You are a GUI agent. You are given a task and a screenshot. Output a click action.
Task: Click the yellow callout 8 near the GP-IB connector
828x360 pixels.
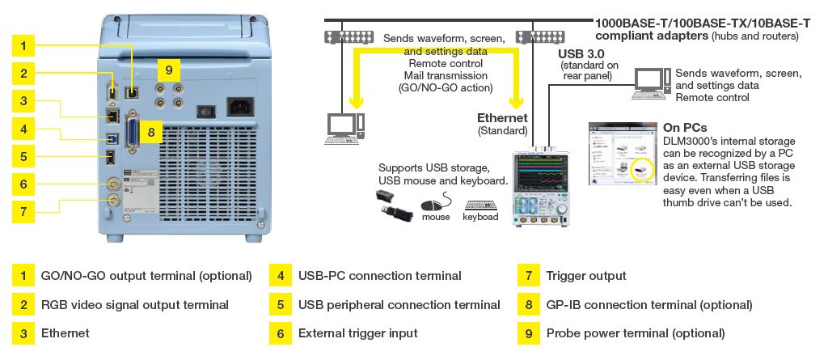(151, 130)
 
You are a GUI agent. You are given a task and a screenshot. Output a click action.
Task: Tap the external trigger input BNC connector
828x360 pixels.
(113, 184)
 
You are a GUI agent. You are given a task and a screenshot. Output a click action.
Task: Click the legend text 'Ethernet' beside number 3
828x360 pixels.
(65, 332)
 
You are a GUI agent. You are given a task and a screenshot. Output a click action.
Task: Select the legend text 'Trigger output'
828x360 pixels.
(586, 276)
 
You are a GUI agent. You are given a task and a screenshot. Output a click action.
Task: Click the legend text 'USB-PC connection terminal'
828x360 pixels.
(379, 276)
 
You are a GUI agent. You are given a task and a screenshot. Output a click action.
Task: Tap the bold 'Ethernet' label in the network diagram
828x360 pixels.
(503, 117)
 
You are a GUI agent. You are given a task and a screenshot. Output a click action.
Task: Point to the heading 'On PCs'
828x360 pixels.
(685, 127)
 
